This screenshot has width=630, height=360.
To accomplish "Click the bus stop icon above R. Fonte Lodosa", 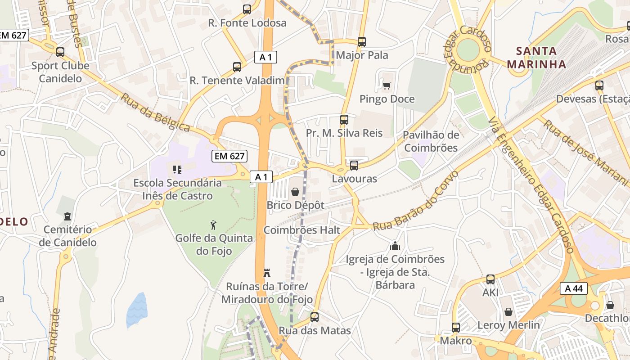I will pos(247,9).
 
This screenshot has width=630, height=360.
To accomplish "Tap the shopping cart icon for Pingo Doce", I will pos(387,85).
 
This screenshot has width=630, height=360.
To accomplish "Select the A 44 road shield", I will pos(574,288).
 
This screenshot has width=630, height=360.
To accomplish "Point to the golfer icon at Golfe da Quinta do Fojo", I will pos(214,225).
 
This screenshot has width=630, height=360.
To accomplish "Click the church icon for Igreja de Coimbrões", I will pos(395,246).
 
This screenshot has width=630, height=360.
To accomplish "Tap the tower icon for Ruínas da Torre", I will pos(267,273).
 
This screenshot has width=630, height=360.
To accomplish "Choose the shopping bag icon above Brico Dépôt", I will pos(295,192).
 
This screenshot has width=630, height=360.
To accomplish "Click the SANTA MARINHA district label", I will pos(536,57).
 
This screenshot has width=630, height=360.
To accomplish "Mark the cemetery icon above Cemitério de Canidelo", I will pos(67,216).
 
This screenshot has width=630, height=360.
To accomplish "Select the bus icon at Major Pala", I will pos(362,42).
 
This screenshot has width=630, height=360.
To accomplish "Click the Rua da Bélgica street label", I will pos(155,112).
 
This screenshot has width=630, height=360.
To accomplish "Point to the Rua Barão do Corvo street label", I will pos(415,201).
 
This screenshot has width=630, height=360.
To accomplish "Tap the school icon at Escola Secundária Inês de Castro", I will pos(177,170).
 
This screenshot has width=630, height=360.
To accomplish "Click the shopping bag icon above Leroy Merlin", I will pos(508,312).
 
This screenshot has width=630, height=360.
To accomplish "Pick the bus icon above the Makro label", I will pos(456,327).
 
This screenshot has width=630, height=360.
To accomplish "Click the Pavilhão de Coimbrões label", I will pos(431,141).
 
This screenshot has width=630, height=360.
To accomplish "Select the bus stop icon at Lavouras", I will pos(354,165).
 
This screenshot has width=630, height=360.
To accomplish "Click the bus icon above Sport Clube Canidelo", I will pos(60,52).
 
